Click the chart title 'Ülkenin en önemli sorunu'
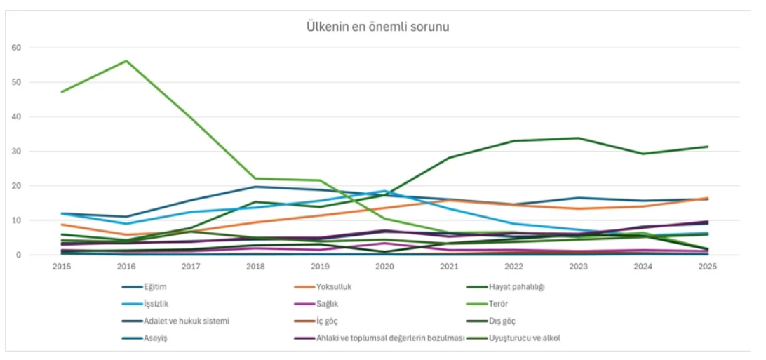(377, 27)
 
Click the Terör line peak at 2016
(126, 61)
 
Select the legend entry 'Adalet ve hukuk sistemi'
(187, 321)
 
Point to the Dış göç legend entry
(503, 321)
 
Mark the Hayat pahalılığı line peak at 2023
(578, 138)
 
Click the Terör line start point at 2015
(62, 92)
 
